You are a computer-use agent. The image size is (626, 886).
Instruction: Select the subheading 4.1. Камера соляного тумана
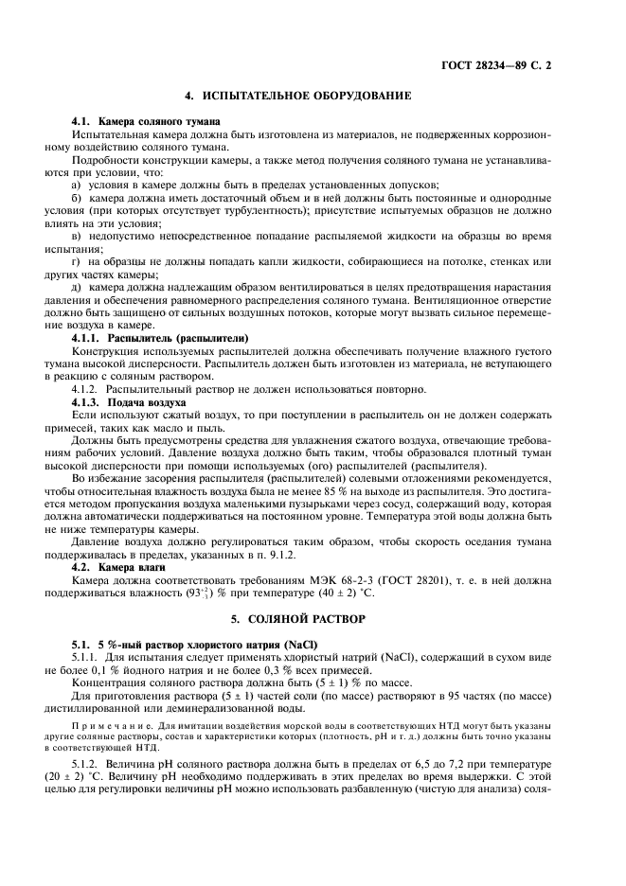[x=146, y=122]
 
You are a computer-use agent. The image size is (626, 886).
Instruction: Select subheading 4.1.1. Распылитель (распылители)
[x=160, y=337]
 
